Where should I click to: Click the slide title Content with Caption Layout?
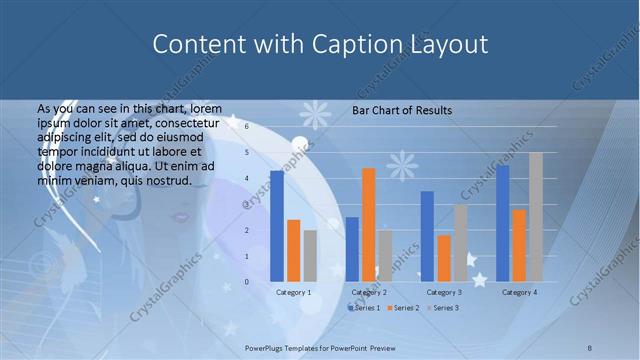pyautogui.click(x=320, y=44)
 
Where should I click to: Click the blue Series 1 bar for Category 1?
pyautogui.click(x=277, y=225)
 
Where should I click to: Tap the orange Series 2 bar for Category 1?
pyautogui.click(x=293, y=250)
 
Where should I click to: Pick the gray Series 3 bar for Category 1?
pyautogui.click(x=310, y=255)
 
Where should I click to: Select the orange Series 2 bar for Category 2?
pyautogui.click(x=369, y=224)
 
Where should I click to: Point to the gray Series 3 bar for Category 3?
pyautogui.click(x=460, y=242)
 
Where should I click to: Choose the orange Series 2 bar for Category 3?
pyautogui.click(x=444, y=258)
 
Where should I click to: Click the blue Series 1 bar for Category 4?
pyautogui.click(x=502, y=222)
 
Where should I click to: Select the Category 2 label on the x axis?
pyautogui.click(x=369, y=292)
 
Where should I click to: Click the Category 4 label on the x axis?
pyautogui.click(x=519, y=292)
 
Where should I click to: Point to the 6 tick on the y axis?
pyautogui.click(x=248, y=128)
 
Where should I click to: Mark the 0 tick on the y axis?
pyautogui.click(x=248, y=282)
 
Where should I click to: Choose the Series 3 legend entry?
pyautogui.click(x=445, y=307)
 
